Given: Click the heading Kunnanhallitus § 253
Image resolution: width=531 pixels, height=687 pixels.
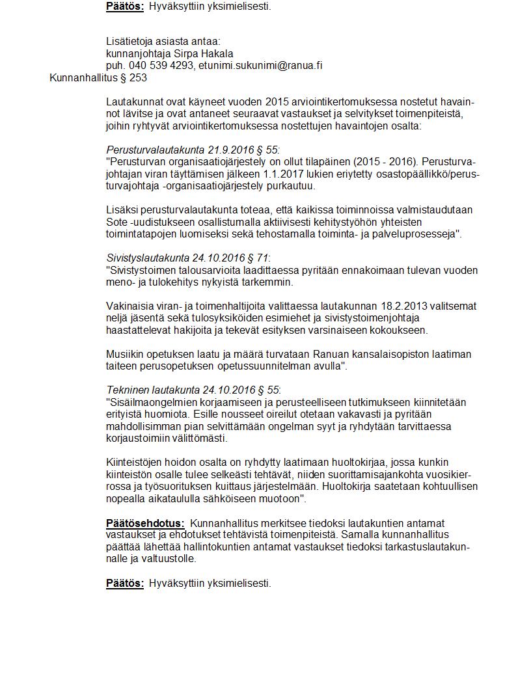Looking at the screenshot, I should (x=98, y=77).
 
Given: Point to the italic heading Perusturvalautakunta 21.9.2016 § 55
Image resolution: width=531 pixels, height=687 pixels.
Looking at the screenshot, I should (x=193, y=150).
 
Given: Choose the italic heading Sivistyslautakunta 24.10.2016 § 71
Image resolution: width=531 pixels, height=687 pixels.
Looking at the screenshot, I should (x=187, y=258).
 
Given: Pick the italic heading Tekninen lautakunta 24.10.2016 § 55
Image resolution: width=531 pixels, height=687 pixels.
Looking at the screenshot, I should (x=193, y=390).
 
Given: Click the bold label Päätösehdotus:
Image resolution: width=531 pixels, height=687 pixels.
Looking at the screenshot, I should (x=145, y=523).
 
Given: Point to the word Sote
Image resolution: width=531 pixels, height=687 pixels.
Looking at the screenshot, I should (x=117, y=222).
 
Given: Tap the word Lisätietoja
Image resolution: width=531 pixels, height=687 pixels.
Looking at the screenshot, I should (x=130, y=41).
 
